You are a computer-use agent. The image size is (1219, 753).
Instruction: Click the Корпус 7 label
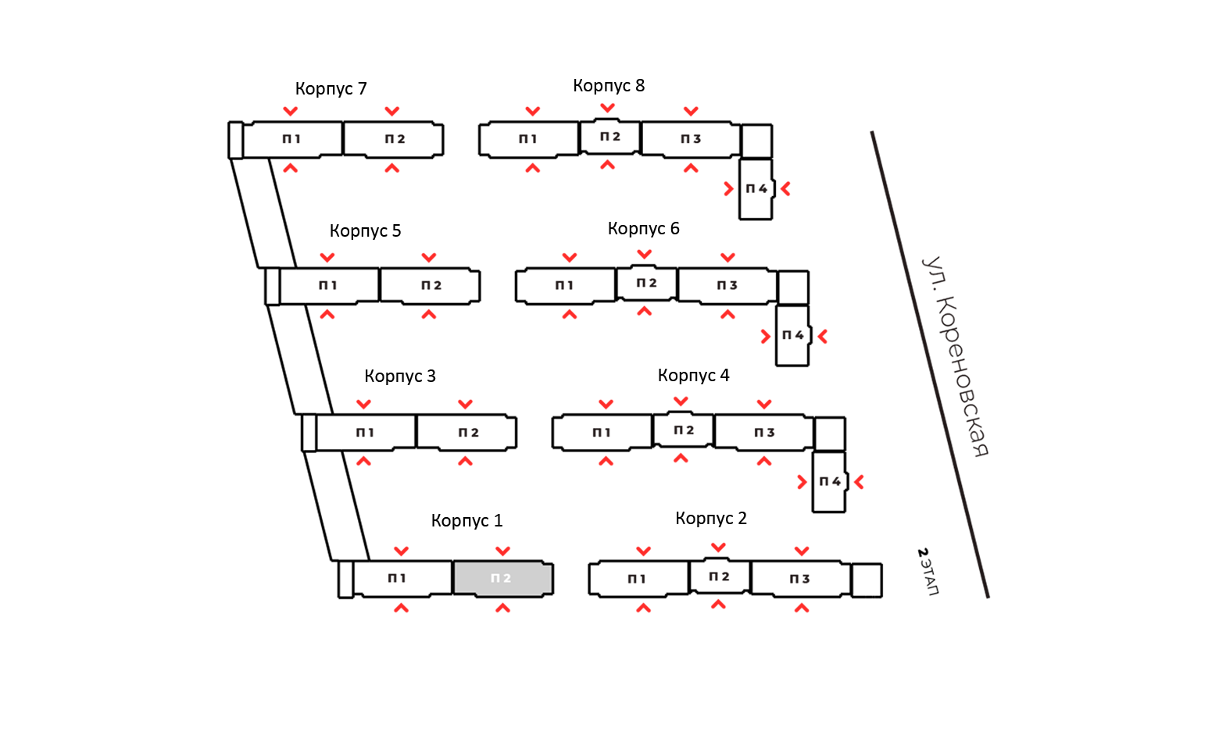click(331, 89)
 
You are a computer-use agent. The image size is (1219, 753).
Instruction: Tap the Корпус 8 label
click(609, 86)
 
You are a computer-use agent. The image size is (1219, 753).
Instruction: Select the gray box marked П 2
click(502, 579)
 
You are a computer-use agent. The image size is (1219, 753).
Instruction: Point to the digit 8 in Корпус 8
click(640, 86)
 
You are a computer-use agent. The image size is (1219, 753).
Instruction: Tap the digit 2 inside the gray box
click(507, 579)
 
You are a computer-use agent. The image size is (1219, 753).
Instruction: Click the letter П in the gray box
click(495, 579)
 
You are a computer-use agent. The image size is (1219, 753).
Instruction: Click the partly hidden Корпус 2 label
click(718, 519)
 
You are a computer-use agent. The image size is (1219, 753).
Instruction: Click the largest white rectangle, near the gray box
click(284, 574)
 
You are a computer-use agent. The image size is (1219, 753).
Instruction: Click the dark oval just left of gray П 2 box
click(397, 579)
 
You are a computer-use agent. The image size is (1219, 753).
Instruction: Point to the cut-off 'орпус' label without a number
click(641, 229)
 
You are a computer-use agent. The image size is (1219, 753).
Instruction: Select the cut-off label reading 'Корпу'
click(681, 376)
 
